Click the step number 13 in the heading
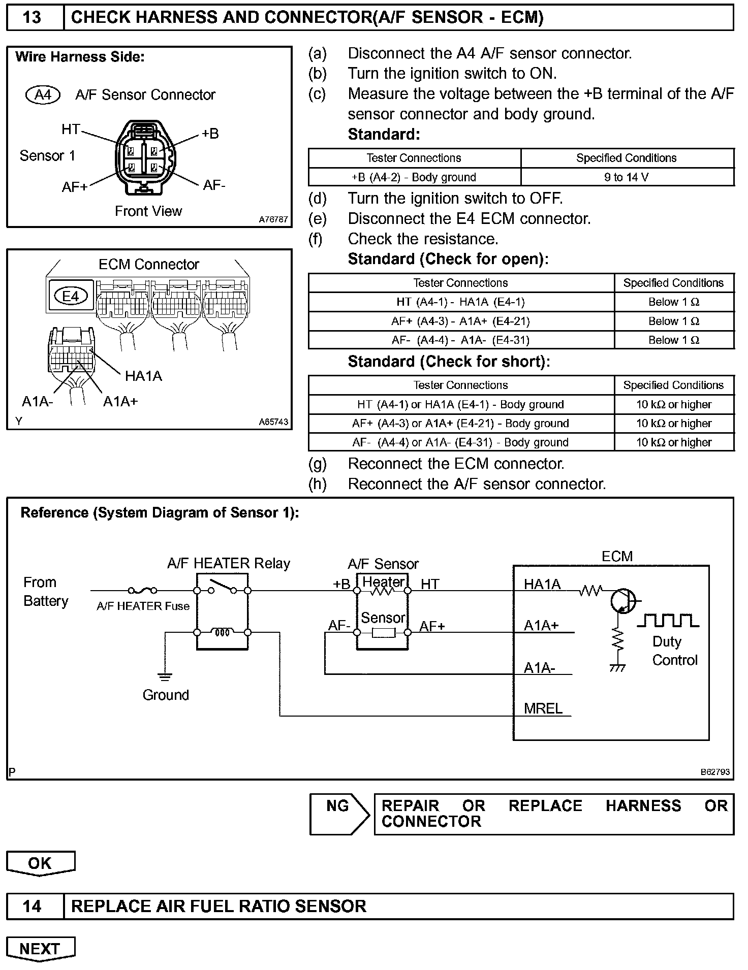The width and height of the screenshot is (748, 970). [32, 17]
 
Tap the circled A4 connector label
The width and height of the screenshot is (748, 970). [43, 95]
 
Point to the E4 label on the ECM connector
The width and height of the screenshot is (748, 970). [71, 296]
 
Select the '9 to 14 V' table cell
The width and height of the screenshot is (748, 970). [627, 177]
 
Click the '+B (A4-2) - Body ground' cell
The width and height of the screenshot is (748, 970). [414, 177]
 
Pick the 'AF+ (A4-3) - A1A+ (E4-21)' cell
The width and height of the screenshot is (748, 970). [460, 321]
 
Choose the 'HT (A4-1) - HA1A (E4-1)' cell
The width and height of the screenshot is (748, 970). [460, 302]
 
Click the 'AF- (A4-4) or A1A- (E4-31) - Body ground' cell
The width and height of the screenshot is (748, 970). [460, 442]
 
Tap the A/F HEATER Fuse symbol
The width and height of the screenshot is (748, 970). [142, 590]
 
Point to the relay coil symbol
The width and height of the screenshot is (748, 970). [222, 632]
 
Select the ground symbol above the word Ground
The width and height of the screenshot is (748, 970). [165, 676]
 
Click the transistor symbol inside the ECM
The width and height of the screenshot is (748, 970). [624, 600]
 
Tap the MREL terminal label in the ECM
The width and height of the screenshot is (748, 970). [543, 708]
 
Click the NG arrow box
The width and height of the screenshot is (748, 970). [339, 814]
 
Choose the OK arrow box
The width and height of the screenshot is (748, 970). [40, 863]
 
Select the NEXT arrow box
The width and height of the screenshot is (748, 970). [40, 949]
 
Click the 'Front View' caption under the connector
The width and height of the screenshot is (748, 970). [148, 211]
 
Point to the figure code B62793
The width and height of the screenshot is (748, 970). [715, 772]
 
